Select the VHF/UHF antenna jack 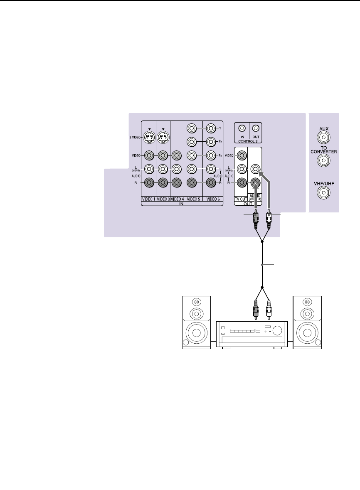click(x=324, y=192)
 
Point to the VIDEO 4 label click(x=177, y=199)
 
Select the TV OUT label click(x=241, y=199)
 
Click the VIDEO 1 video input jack click(x=149, y=156)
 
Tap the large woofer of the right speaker click(x=308, y=333)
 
